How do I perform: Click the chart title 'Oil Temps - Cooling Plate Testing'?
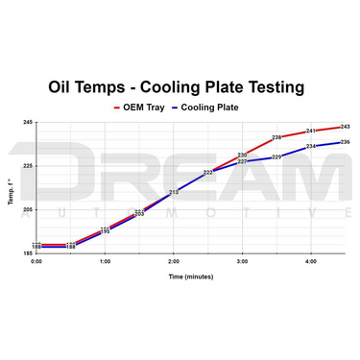180,87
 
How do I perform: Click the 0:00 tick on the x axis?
36,261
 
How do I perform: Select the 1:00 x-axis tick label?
106,261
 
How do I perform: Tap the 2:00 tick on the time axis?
174,261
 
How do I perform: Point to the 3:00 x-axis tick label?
242,261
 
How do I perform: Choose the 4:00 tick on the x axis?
311,261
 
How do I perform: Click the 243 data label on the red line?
345,127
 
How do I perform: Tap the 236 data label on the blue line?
345,142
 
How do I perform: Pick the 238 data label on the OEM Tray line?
276,137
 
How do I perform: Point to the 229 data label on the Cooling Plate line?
276,157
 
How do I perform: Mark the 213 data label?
174,192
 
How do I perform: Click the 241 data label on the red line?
311,131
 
